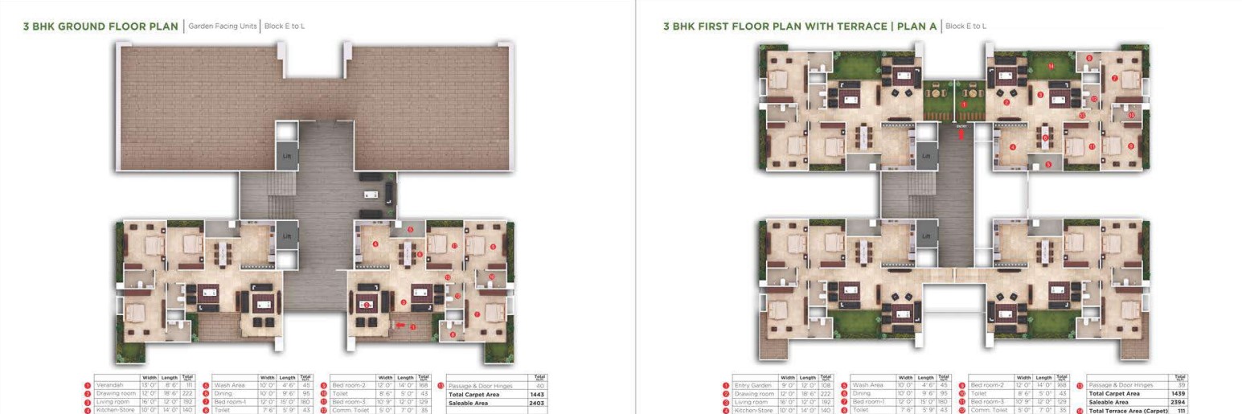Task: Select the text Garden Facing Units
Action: tap(223, 27)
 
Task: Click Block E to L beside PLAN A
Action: tap(966, 27)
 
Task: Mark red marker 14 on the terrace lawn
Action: tap(1051, 66)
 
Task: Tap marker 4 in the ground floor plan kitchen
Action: tap(375, 244)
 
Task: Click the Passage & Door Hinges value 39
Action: tap(1181, 386)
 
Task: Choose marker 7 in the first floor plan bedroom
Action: tap(1115, 78)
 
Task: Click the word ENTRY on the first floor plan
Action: tap(961, 125)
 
